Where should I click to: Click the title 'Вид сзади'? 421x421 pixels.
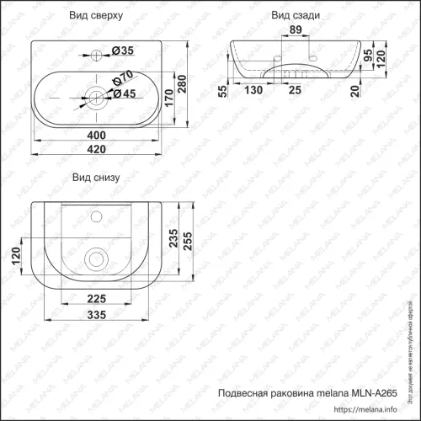click(292, 16)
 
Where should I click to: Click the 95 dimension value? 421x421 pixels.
click(367, 56)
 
